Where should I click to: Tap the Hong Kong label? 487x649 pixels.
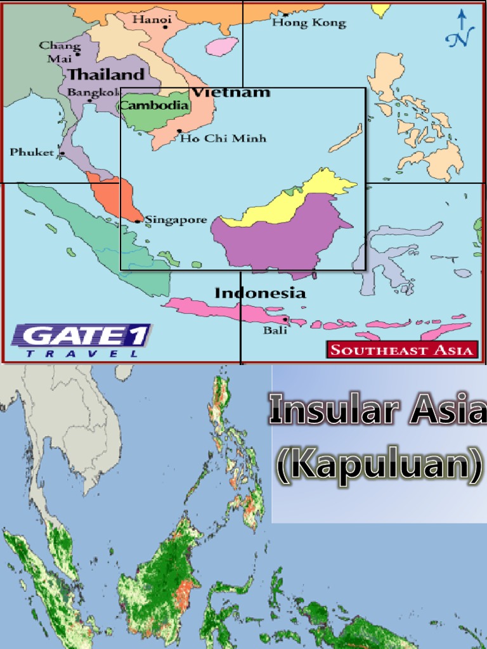[x=309, y=23]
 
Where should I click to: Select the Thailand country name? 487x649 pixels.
[x=106, y=74]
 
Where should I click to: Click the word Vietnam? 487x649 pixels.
[x=231, y=93]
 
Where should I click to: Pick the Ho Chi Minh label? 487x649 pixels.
[x=223, y=138]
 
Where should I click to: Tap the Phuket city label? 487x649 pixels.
[x=32, y=152]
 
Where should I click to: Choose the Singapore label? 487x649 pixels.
[x=176, y=221]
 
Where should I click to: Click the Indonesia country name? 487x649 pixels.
[x=260, y=293]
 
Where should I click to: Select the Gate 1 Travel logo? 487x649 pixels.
[x=81, y=340]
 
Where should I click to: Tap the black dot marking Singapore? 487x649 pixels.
[x=138, y=221]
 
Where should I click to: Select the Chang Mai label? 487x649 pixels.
[x=60, y=51]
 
